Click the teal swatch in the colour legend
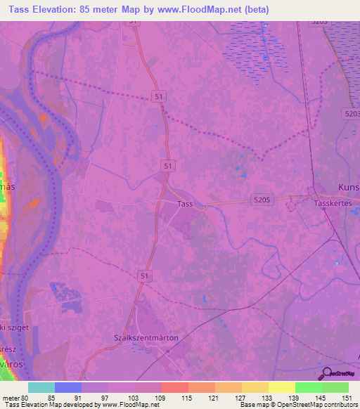41,387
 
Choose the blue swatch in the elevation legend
67,387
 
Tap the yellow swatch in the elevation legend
281,387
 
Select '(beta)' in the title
251,10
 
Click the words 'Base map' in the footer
253,405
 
